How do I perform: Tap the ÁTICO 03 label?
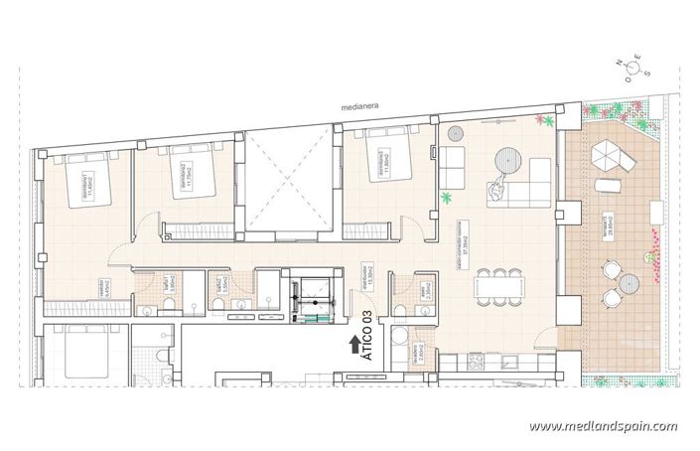[x=367, y=328]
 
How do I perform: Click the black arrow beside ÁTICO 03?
[x=354, y=345]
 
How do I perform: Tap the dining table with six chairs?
[x=496, y=287]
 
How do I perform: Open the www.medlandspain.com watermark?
[x=603, y=426]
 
